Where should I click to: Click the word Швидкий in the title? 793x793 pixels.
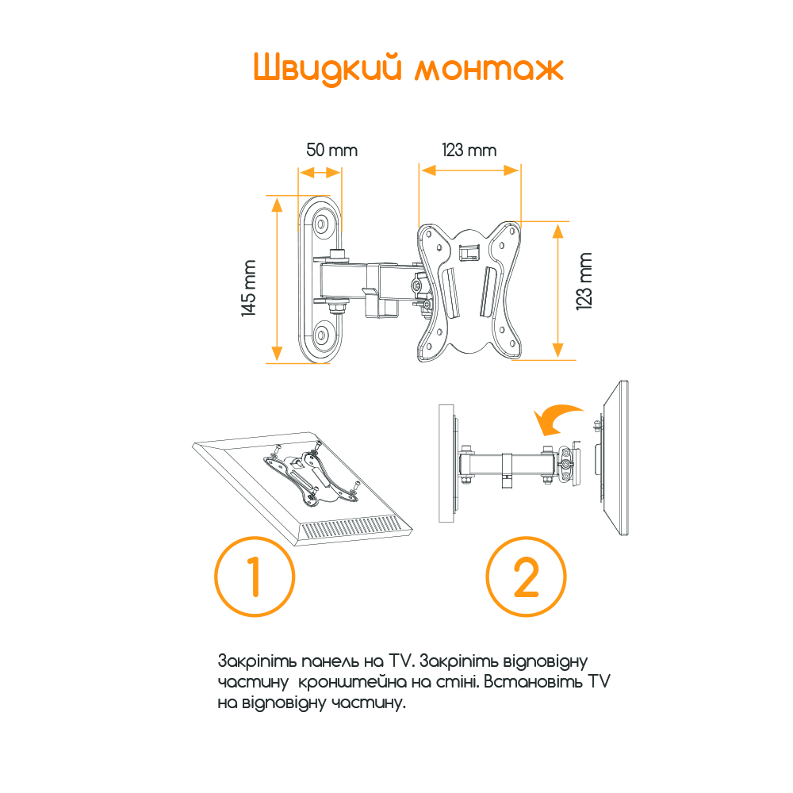(328, 67)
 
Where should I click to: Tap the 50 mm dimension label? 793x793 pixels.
(331, 150)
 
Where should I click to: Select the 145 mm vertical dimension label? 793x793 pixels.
(248, 288)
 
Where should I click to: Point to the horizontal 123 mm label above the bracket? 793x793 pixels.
(469, 150)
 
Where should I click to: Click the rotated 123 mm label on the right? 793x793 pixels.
(584, 282)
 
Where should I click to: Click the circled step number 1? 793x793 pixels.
(255, 577)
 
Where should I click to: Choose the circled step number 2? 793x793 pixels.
(526, 577)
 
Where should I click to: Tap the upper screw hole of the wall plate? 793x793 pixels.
(321, 224)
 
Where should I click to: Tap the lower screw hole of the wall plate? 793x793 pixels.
(321, 335)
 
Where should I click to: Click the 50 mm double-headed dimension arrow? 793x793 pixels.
(320, 173)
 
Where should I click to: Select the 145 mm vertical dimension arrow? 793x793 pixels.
(277, 279)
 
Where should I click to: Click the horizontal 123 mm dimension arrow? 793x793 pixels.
(469, 170)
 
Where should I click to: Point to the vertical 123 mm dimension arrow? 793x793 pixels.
(557, 291)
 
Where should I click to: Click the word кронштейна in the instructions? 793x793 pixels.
(352, 682)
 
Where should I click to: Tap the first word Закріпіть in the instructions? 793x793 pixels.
(257, 662)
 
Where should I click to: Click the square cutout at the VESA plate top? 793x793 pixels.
(469, 252)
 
